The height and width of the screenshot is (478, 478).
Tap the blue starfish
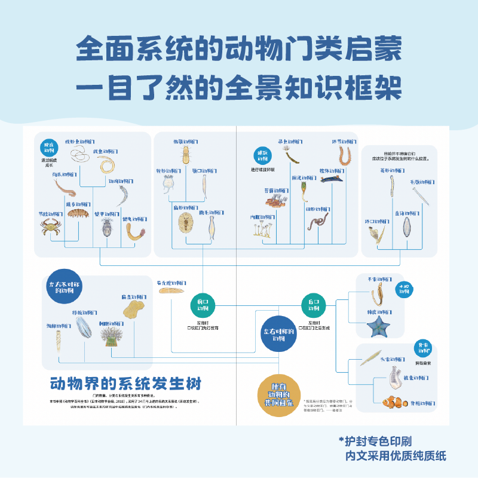tap(378, 326)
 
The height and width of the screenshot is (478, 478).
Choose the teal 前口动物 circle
tap(203, 304)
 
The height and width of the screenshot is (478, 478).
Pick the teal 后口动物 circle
tap(314, 304)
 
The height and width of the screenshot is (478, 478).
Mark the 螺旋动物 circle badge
tap(261, 155)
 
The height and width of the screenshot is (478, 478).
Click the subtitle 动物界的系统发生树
tap(126, 382)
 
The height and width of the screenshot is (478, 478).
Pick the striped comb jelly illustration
tap(82, 330)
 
